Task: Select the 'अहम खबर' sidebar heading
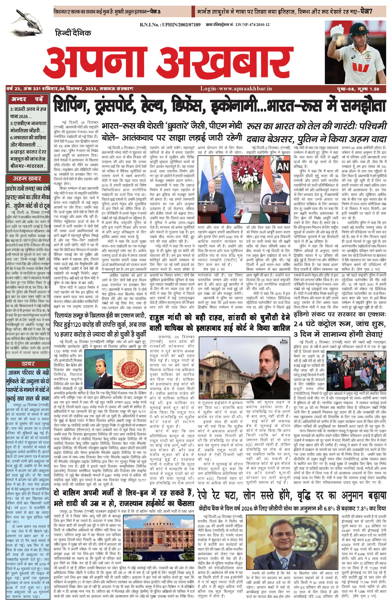tap(27, 178)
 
